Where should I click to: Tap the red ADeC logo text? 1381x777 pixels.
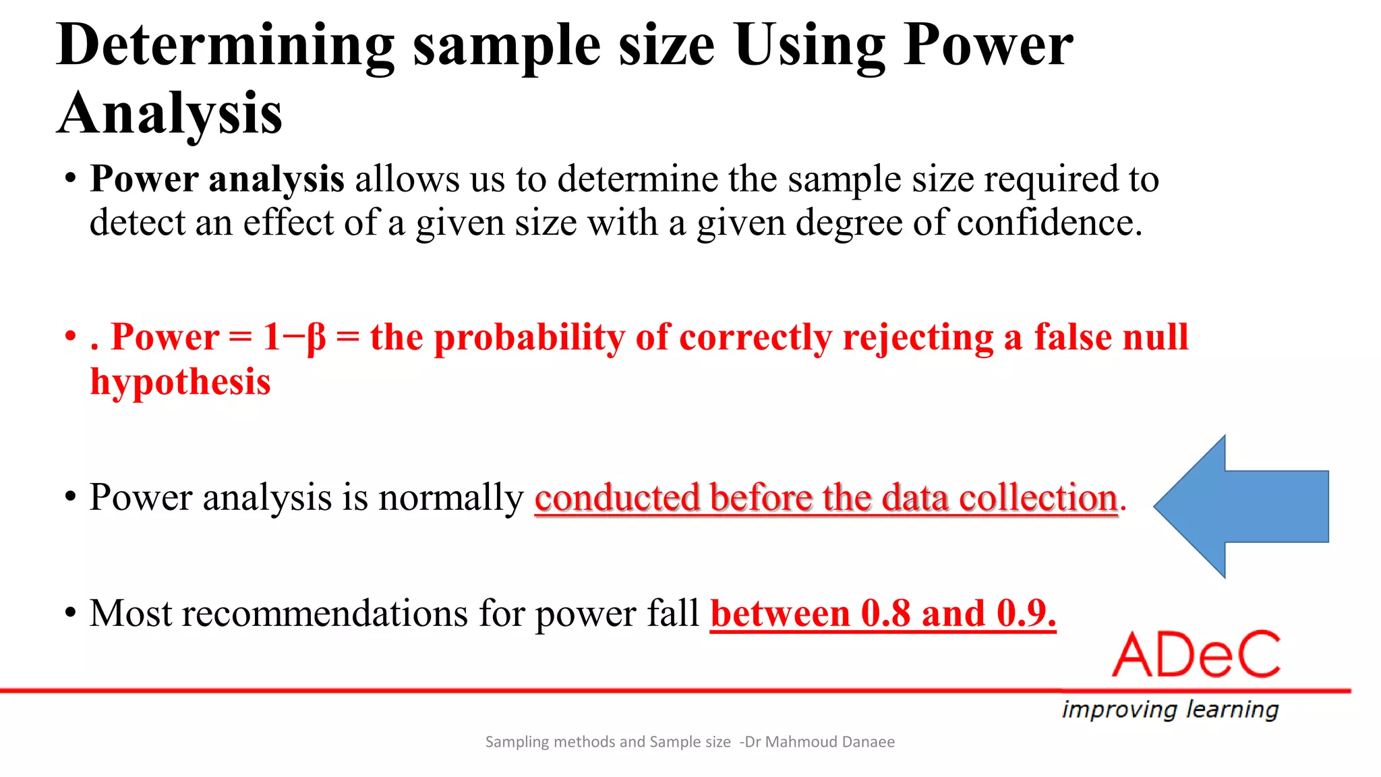[x=1196, y=655]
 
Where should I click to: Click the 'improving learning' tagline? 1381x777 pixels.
[x=1170, y=710]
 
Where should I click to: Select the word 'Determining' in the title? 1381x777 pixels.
[x=225, y=46]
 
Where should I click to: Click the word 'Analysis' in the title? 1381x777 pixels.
[x=170, y=113]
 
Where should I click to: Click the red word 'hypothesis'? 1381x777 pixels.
[x=181, y=382]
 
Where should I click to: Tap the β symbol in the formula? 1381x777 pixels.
[x=316, y=337]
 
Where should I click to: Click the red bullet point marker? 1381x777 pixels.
[x=70, y=336]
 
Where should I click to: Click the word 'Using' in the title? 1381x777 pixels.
[x=809, y=46]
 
